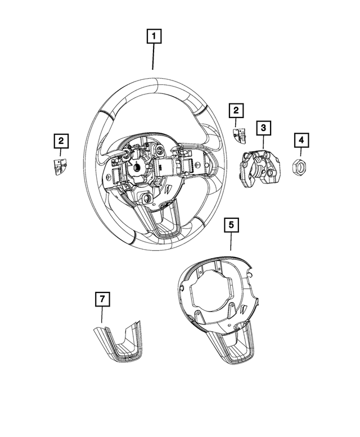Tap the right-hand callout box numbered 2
click(236, 111)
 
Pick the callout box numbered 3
click(262, 128)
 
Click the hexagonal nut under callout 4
click(300, 165)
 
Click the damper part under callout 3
click(260, 167)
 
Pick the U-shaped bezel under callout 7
click(119, 342)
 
